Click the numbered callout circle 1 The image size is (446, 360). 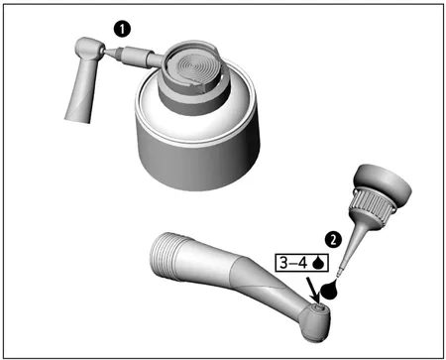[121, 30]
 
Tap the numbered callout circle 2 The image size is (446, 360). [334, 238]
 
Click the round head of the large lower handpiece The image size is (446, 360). [314, 316]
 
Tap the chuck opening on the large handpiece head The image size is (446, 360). [315, 309]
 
